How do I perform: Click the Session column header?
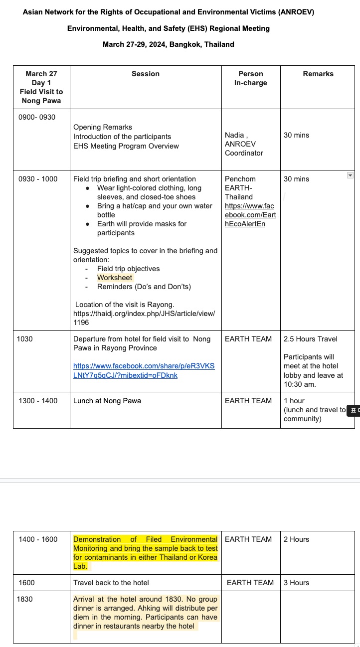click(146, 74)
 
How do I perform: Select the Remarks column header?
click(318, 74)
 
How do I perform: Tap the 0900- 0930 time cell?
click(37, 117)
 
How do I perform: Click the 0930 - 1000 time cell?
click(38, 179)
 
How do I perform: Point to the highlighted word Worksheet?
click(115, 278)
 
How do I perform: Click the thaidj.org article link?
click(144, 318)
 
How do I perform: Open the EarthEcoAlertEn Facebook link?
click(250, 215)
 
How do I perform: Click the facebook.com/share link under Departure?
click(144, 370)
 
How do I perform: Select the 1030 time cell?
click(25, 339)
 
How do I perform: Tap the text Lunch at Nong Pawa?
click(107, 401)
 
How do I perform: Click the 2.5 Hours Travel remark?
click(310, 339)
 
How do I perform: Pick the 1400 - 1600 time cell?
click(38, 539)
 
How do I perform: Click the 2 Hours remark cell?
click(296, 539)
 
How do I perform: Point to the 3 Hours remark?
click(296, 583)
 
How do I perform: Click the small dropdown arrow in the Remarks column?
click(350, 175)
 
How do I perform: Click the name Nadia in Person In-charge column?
click(234, 135)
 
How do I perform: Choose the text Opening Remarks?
click(103, 127)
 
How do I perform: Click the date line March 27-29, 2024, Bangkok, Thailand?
click(169, 44)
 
